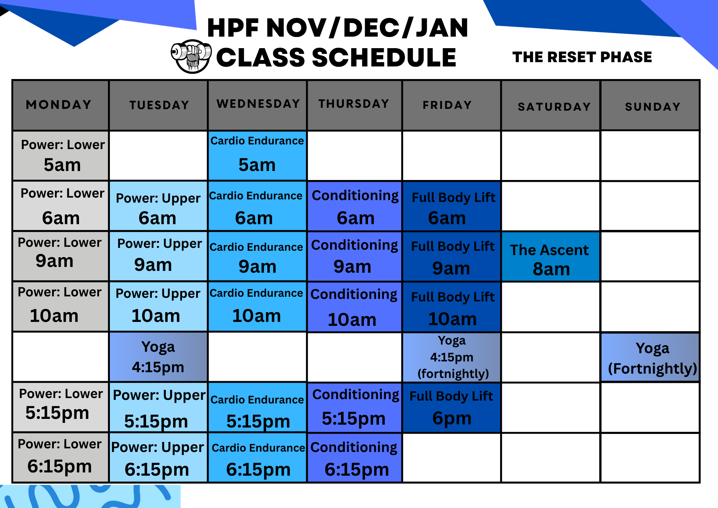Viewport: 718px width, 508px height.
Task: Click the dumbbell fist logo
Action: click(x=191, y=56)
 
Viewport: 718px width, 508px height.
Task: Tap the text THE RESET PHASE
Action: click(x=582, y=57)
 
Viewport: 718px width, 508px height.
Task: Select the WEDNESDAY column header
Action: click(x=258, y=104)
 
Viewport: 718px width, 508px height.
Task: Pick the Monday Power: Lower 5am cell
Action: click(x=61, y=156)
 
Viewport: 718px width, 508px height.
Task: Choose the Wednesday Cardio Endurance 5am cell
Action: click(x=257, y=156)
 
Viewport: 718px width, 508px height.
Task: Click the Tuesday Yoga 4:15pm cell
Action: click(x=158, y=357)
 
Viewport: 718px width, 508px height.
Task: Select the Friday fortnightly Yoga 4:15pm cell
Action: click(x=452, y=357)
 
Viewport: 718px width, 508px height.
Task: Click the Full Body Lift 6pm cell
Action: click(x=452, y=408)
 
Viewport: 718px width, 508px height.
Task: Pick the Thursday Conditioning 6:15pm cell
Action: click(x=355, y=458)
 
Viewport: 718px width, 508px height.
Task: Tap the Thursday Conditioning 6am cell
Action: click(x=355, y=206)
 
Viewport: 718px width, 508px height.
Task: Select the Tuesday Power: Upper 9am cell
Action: click(x=158, y=256)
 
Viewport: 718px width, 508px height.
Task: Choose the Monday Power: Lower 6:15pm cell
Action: click(x=60, y=458)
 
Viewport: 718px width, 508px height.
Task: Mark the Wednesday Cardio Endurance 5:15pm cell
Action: click(x=257, y=408)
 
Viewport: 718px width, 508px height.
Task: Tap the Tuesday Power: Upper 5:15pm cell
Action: click(x=158, y=408)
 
